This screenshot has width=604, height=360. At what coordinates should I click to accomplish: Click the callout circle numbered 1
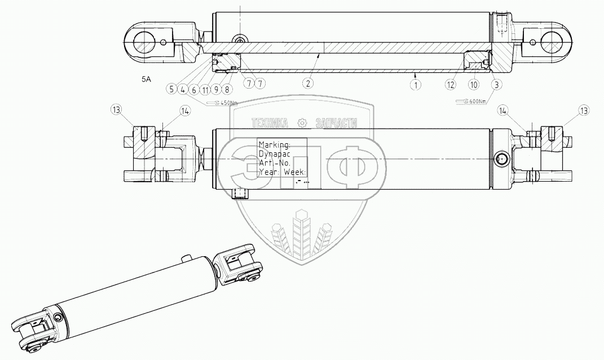416,84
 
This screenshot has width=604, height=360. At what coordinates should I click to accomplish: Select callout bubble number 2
307,84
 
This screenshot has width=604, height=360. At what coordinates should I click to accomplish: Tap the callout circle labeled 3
496,84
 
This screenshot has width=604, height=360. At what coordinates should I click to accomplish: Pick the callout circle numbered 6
193,89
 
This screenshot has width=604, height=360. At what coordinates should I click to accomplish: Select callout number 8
227,89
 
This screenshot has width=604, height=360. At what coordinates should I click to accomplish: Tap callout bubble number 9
216,89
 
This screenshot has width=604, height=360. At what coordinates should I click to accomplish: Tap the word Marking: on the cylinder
275,144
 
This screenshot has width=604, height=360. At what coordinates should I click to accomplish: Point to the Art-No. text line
274,163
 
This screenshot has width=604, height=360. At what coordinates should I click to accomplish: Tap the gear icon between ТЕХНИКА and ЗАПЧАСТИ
302,124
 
